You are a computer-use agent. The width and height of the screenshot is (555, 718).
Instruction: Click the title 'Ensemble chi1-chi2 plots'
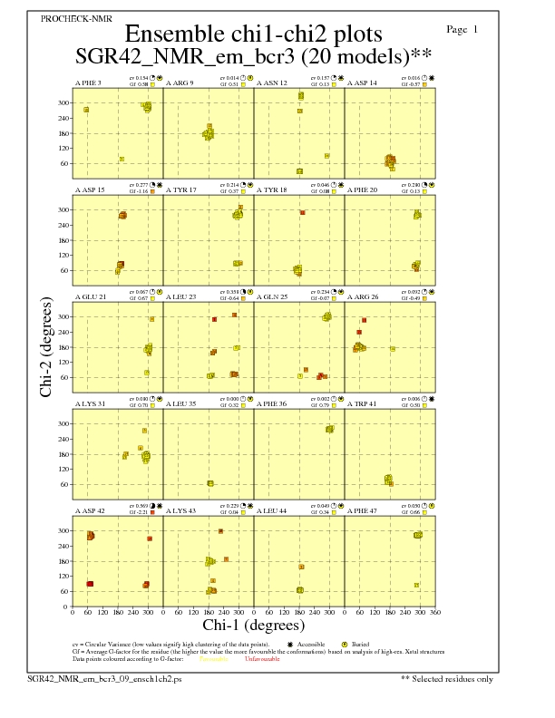[x=253, y=34]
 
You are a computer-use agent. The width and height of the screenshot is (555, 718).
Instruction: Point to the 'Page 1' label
[x=462, y=30]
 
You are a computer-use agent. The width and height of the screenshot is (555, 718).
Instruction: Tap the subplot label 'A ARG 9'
[x=180, y=83]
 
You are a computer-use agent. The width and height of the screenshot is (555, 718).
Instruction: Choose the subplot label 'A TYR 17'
[x=181, y=190]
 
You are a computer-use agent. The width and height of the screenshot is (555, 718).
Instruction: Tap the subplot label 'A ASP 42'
[x=90, y=511]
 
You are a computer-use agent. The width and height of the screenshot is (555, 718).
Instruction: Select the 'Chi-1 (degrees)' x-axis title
[x=254, y=625]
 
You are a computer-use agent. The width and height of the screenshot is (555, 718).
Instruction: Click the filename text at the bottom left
[x=105, y=678]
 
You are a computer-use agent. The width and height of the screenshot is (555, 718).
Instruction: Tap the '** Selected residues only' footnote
[x=448, y=678]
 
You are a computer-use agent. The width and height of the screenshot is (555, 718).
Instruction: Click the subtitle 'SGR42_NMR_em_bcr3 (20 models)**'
[x=253, y=56]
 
